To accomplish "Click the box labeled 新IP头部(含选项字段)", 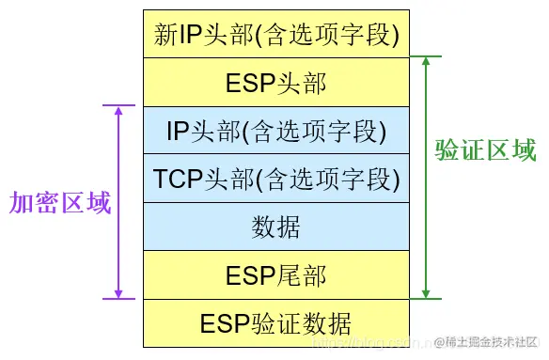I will (276, 35).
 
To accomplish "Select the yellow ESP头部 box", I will (276, 83).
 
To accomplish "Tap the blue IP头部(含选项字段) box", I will (276, 131).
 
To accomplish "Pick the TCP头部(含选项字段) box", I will (276, 179).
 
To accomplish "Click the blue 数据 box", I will (276, 227).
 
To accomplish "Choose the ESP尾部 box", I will (276, 275).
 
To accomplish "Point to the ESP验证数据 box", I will (276, 323).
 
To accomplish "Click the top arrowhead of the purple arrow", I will (118, 111).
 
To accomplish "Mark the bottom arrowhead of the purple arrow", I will (118, 293).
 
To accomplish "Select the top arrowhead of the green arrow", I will (427, 62).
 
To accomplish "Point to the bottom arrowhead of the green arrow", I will (427, 293).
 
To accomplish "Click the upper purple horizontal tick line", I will (121, 105).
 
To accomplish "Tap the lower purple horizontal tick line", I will (121, 299).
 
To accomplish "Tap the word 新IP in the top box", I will (178, 35).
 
